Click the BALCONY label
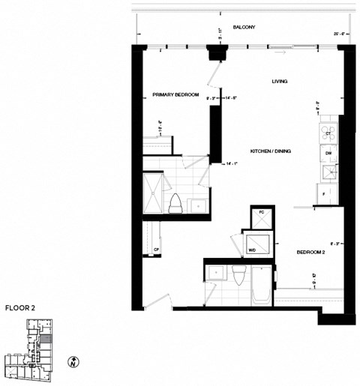[243, 27]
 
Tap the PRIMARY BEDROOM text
[175, 95]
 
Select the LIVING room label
[280, 81]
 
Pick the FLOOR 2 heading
[21, 307]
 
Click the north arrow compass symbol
[72, 362]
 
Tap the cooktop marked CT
[328, 133]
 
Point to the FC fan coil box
[261, 215]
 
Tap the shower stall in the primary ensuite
[154, 192]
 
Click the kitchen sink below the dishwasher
[327, 172]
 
